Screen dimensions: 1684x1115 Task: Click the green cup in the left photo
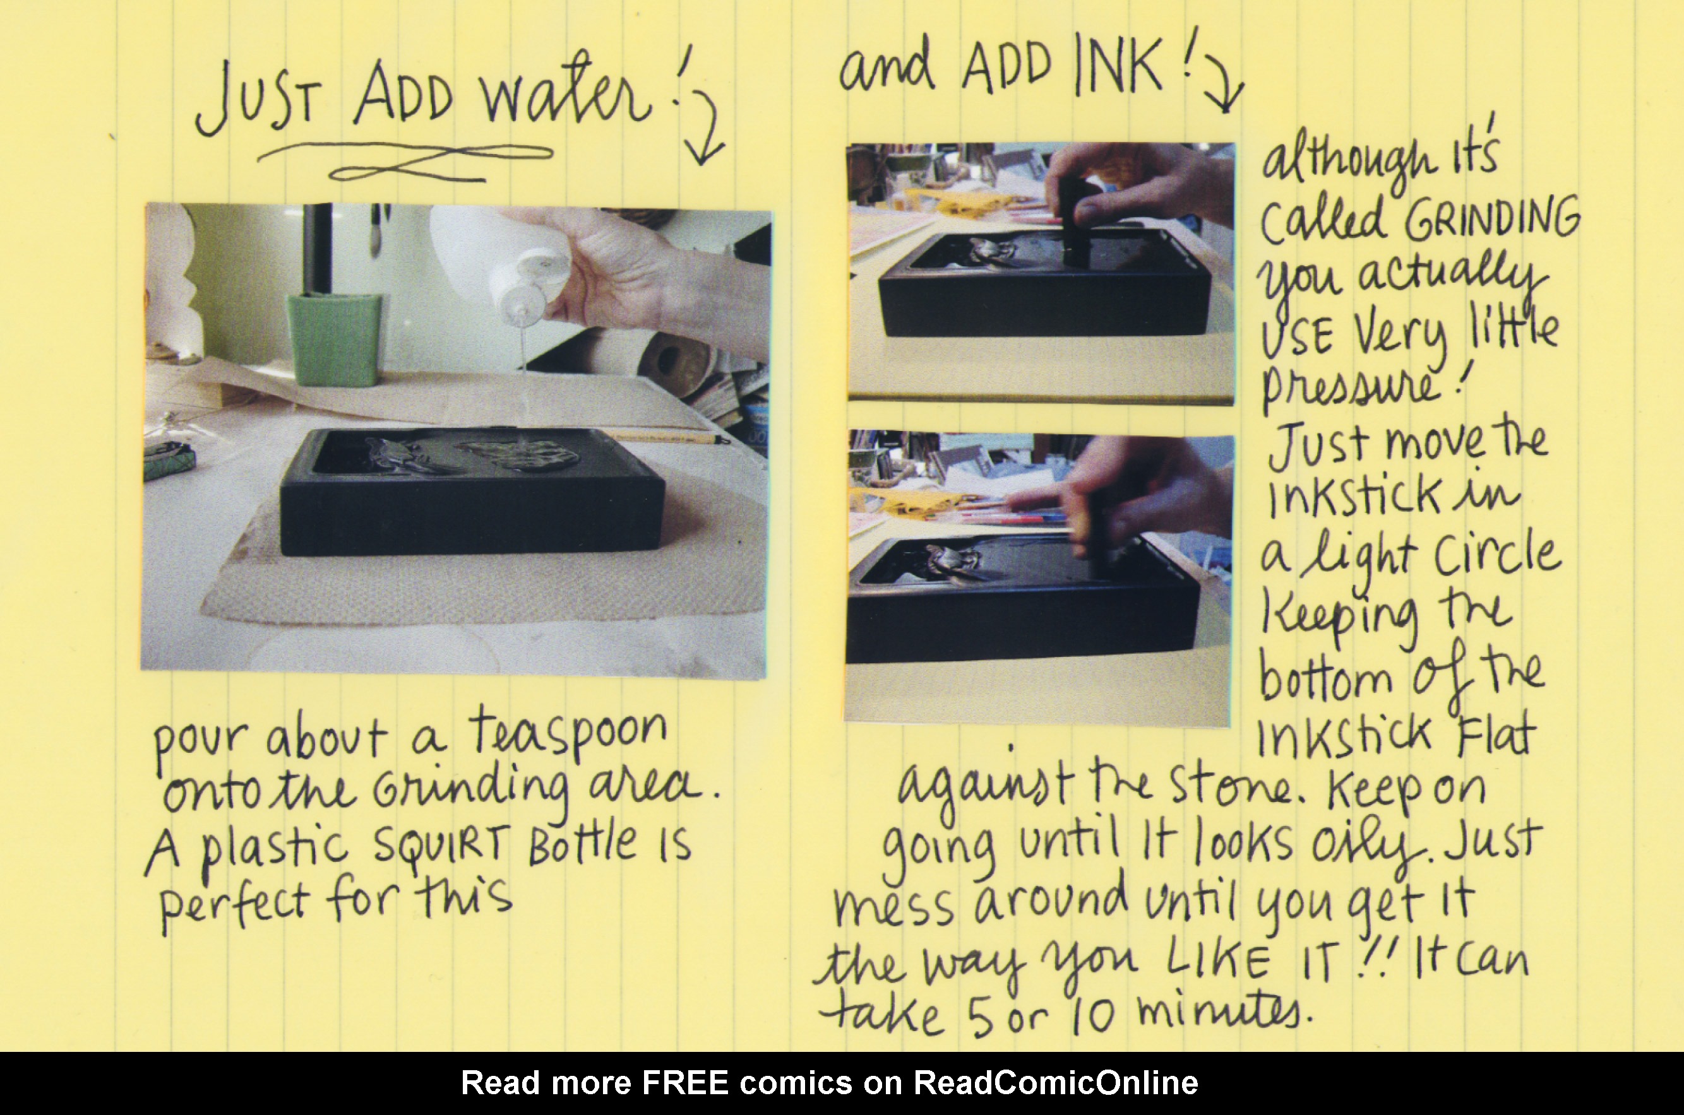pyautogui.click(x=333, y=340)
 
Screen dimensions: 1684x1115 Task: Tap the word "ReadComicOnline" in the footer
pyautogui.click(x=1056, y=1083)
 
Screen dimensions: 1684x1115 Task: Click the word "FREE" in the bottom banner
pyautogui.click(x=685, y=1083)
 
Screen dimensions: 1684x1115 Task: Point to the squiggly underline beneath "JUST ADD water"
pyautogui.click(x=405, y=162)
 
